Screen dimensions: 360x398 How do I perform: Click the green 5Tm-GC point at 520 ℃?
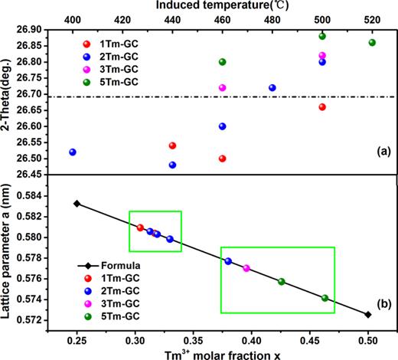(372, 42)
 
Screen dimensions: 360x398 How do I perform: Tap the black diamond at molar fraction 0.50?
(368, 314)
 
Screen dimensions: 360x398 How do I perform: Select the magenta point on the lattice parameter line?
(246, 268)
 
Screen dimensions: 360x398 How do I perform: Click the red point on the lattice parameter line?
(140, 227)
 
